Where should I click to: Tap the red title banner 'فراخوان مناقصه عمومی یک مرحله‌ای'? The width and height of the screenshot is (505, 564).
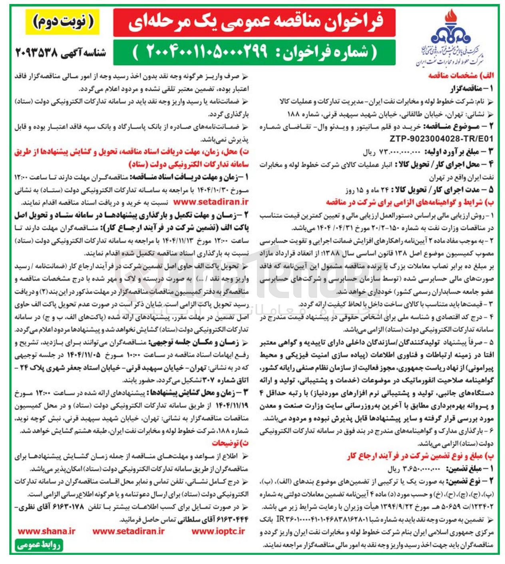tap(254, 22)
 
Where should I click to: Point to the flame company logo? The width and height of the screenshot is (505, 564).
tap(451, 32)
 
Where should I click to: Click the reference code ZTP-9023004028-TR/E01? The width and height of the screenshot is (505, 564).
tap(441, 139)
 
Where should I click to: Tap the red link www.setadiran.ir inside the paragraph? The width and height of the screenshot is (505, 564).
tap(211, 203)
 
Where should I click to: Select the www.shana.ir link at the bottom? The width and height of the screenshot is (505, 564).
tap(46, 531)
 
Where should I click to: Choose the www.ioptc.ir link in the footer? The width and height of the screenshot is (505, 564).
tap(218, 531)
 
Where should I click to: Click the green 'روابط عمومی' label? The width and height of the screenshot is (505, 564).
tap(39, 545)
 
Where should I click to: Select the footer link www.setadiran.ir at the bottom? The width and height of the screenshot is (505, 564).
tap(129, 531)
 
